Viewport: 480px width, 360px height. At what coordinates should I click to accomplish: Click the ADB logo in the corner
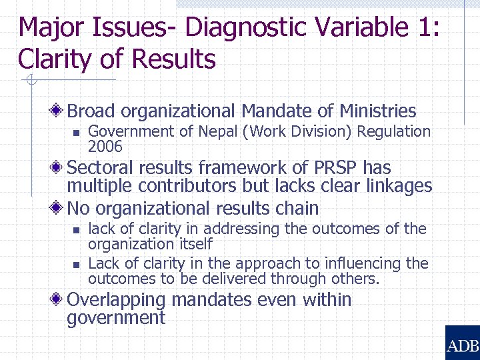coord(462,343)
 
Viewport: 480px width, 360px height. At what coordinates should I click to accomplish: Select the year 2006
coord(105,147)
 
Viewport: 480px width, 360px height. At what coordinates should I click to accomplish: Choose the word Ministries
coord(377,111)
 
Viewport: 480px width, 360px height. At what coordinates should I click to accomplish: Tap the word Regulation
coord(394,132)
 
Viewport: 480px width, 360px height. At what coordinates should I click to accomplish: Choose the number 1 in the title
coord(423,27)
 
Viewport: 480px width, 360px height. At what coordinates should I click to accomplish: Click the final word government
coord(115,318)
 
